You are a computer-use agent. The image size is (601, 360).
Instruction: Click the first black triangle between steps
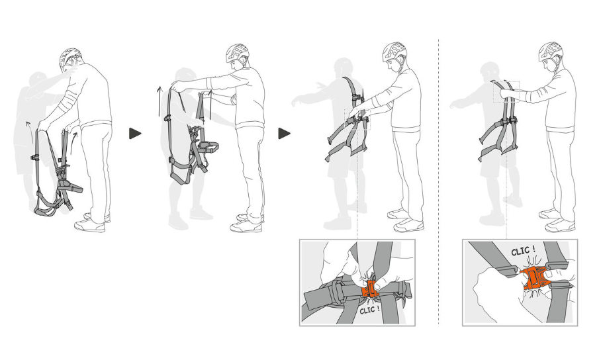tap(134, 134)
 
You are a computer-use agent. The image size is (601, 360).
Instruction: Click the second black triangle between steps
tap(284, 134)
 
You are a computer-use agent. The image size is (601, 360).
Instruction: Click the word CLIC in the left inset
tap(370, 310)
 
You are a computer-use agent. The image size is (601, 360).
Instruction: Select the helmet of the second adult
tap(237, 54)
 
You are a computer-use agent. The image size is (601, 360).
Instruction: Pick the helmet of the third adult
tap(394, 52)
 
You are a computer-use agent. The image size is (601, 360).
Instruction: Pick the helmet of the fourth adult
tap(551, 52)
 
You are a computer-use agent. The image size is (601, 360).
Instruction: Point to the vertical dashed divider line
tap(438, 181)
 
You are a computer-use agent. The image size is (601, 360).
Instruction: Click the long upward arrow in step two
tap(159, 102)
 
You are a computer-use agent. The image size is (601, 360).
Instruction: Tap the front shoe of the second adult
tap(246, 226)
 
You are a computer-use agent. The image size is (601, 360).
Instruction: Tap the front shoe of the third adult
tap(408, 226)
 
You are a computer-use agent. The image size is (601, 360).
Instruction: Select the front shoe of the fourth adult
tap(560, 226)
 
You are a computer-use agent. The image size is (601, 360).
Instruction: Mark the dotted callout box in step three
tap(357, 119)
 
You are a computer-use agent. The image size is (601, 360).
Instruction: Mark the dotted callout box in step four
tap(506, 91)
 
